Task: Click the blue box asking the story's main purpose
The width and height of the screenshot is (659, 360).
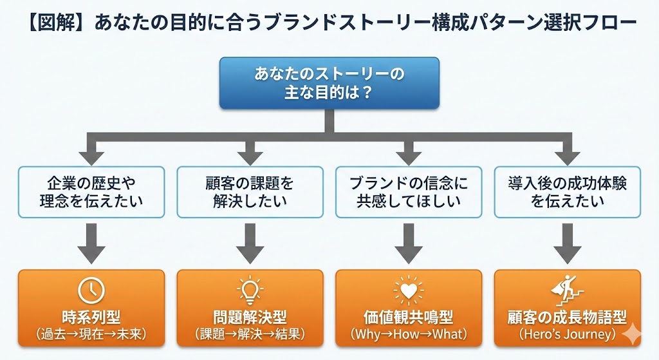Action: (329, 83)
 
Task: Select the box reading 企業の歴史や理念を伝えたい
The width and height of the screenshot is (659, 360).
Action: (91, 192)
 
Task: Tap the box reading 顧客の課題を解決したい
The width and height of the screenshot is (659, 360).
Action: (250, 192)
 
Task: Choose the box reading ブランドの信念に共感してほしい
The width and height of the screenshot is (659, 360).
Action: (409, 192)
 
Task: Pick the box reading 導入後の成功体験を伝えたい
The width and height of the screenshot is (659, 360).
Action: (568, 192)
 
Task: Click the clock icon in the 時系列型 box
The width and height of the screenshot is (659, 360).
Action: (91, 290)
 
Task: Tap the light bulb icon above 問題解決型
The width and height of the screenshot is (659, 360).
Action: (250, 290)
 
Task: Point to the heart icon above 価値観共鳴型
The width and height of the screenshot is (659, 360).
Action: (409, 290)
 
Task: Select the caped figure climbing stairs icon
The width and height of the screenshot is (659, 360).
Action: (568, 290)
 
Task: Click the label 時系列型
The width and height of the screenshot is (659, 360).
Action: (91, 317)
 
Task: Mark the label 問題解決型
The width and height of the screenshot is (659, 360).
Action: (250, 317)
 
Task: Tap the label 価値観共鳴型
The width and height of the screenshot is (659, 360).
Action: (409, 317)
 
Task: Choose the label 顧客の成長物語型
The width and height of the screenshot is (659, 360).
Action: (568, 317)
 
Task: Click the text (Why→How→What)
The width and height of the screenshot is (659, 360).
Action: (409, 334)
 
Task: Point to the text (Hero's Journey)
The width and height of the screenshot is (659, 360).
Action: (568, 334)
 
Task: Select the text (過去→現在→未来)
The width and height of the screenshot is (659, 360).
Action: (91, 334)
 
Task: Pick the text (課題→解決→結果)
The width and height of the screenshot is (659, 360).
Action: (250, 334)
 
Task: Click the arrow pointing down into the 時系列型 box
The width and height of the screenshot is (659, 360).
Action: (91, 243)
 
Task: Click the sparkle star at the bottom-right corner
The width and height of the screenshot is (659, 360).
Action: (631, 334)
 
